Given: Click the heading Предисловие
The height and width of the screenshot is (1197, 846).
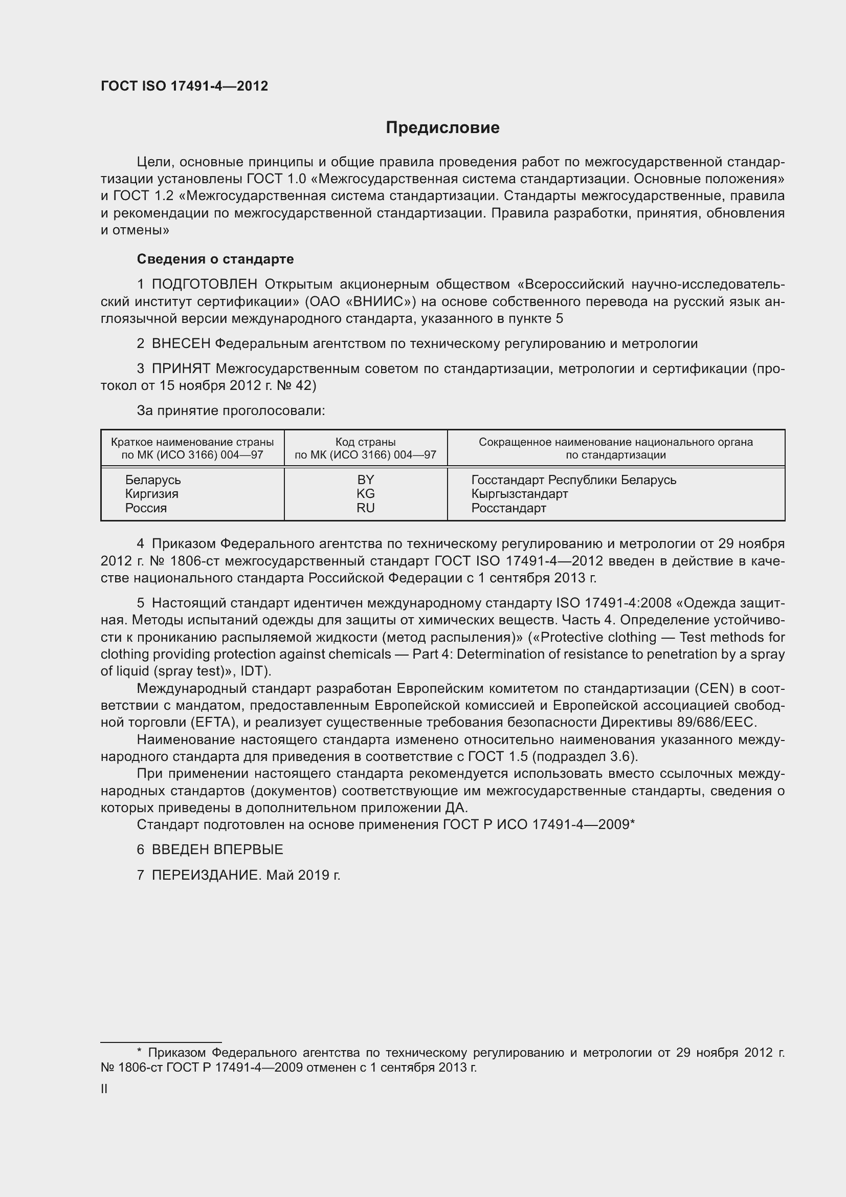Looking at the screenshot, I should coord(442,128).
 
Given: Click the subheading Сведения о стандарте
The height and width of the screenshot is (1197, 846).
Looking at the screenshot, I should coord(215,259).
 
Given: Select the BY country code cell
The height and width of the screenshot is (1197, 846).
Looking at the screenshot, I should coord(365,480).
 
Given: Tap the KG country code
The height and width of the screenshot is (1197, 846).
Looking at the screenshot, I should coord(365,494).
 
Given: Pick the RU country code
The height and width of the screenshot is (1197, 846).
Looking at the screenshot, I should coord(365,508).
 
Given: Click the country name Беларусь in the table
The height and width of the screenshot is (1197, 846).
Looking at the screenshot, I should coord(152,480).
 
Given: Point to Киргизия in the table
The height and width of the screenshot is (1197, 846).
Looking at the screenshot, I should coord(151,494).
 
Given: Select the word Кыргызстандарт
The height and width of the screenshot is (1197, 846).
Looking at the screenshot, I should coord(519,494).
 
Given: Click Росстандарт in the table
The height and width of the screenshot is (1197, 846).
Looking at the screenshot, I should coord(508,508).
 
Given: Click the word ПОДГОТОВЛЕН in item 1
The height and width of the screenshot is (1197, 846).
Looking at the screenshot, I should coord(204,284).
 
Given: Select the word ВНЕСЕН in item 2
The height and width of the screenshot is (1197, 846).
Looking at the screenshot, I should coord(181,343).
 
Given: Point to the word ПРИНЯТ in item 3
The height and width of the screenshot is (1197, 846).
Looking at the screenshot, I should coord(181,368).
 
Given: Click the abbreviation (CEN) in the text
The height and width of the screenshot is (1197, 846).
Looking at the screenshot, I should coord(714,689).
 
